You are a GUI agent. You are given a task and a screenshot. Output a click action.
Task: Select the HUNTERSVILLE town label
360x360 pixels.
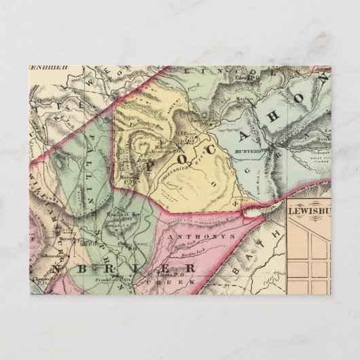(252, 144)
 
